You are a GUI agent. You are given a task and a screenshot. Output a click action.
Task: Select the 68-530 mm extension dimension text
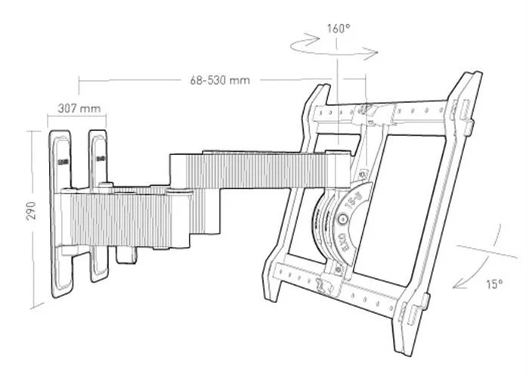click(x=220, y=79)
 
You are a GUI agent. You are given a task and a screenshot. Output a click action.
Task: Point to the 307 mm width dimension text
click(x=79, y=108)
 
